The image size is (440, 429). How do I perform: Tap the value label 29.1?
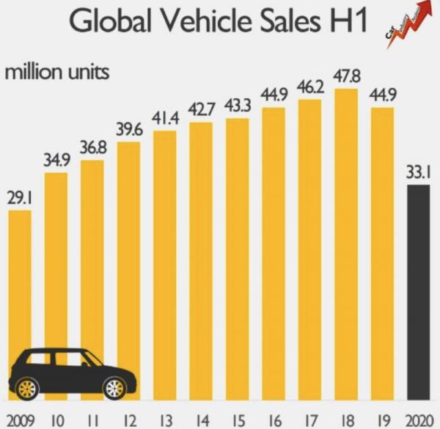(x=20, y=199)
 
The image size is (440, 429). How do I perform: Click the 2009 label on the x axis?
(x=20, y=419)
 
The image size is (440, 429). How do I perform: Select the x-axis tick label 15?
(x=237, y=419)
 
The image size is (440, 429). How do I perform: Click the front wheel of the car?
(x=114, y=386)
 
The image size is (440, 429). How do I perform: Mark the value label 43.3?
(x=237, y=105)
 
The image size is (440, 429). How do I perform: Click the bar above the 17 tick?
(x=309, y=250)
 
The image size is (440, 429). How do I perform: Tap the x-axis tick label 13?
(x=165, y=419)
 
